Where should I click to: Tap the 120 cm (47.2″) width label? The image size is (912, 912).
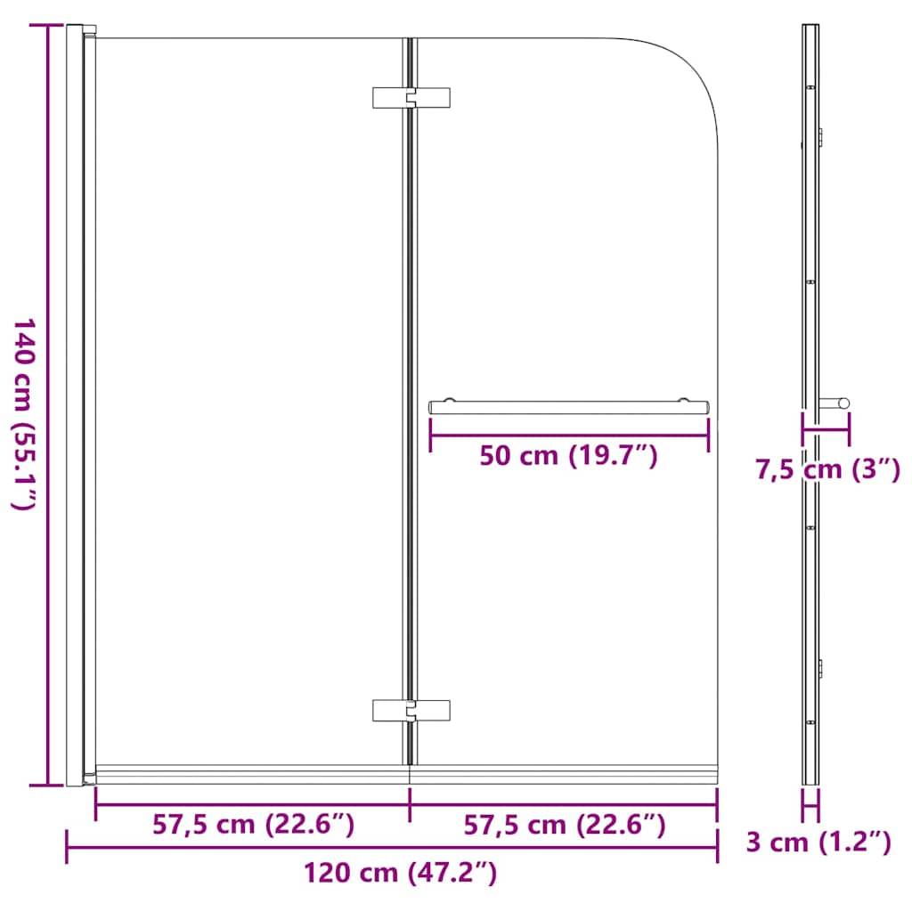(x=400, y=872)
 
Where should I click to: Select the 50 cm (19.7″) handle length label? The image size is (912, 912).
(x=568, y=456)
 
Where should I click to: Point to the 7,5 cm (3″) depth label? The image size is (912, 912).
(x=827, y=468)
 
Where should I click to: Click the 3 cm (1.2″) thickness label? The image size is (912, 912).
(x=818, y=842)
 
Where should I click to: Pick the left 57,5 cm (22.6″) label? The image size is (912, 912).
(x=253, y=825)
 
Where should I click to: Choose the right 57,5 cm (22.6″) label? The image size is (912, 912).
(x=564, y=825)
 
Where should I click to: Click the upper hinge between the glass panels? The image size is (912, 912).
(x=411, y=98)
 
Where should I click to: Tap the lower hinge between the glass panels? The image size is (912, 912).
(x=411, y=710)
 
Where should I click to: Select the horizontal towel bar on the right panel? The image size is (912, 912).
(x=569, y=406)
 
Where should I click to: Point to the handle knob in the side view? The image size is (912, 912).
(x=837, y=403)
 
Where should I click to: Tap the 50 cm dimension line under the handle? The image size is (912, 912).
(x=568, y=436)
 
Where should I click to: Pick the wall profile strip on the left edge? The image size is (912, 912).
(x=75, y=405)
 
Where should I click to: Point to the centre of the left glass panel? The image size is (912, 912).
(x=249, y=401)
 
